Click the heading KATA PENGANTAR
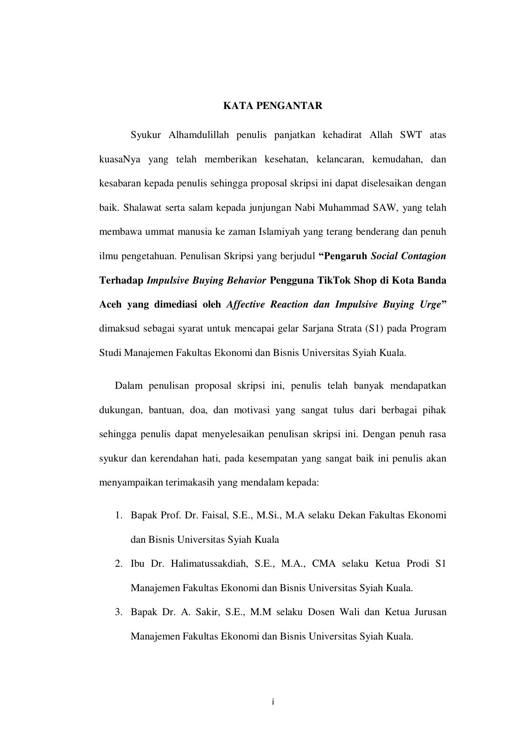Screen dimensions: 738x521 pyautogui.click(x=272, y=106)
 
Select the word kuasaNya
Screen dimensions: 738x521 pyautogui.click(x=120, y=159)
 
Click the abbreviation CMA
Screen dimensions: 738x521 pyautogui.click(x=324, y=563)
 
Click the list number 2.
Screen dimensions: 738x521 pyautogui.click(x=118, y=563)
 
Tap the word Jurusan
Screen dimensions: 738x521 pyautogui.click(x=431, y=612)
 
